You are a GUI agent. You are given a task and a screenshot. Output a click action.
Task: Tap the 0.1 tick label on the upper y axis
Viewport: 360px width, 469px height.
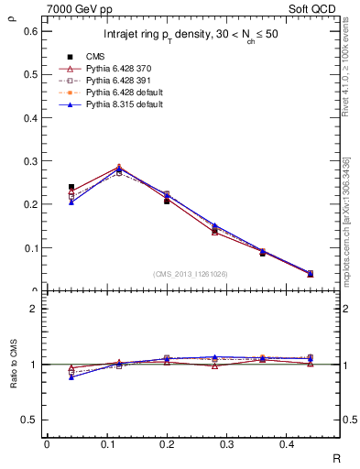[x=30, y=247]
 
